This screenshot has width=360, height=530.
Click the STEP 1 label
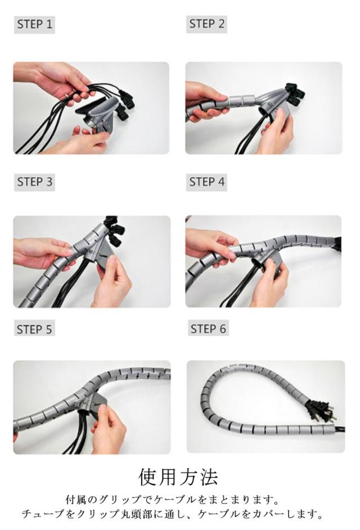tap(34, 24)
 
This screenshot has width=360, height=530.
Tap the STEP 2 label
tap(206, 24)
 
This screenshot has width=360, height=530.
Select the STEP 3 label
tap(34, 182)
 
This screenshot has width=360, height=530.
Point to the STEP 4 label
tap(206, 182)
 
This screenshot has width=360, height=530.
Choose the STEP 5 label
tap(34, 329)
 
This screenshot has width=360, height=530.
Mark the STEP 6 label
tap(208, 329)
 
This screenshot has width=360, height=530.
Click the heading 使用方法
tap(178, 477)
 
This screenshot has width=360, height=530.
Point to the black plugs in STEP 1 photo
tap(124, 102)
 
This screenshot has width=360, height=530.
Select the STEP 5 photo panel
tap(92, 407)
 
